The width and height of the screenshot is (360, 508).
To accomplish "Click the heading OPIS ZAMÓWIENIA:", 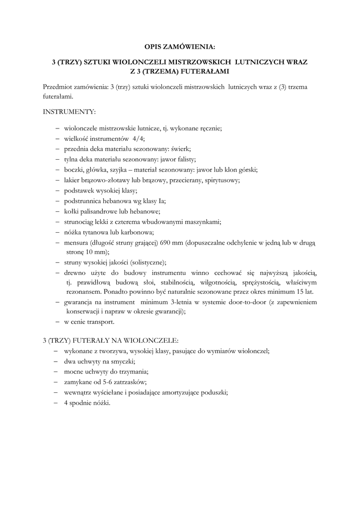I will click(x=180, y=47).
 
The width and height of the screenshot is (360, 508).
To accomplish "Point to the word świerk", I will click(x=181, y=149).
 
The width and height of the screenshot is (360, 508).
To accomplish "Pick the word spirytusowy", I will click(x=222, y=180).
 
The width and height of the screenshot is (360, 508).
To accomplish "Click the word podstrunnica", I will click(x=82, y=201).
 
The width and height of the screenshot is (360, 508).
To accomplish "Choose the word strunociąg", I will click(x=79, y=222).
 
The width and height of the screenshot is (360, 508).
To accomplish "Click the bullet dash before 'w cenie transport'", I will click(x=59, y=321).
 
